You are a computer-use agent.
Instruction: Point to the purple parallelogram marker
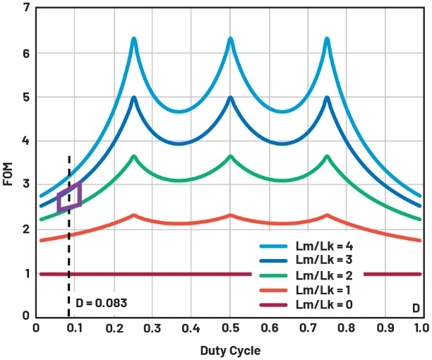tap(69, 196)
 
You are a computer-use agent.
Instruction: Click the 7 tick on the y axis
tap(26, 8)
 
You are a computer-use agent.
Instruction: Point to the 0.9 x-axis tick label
tap(383, 328)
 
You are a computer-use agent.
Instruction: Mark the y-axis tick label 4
tap(26, 140)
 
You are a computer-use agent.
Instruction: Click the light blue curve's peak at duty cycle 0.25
tap(133, 39)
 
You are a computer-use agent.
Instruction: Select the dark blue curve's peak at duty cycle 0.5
tap(230, 98)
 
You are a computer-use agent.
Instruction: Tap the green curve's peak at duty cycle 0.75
tap(327, 156)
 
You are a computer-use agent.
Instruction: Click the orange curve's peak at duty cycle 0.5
tap(230, 215)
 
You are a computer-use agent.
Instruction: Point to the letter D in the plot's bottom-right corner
tap(416, 309)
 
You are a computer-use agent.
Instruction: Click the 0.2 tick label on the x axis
tap(114, 328)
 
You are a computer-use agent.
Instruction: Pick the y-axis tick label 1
tap(26, 273)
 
